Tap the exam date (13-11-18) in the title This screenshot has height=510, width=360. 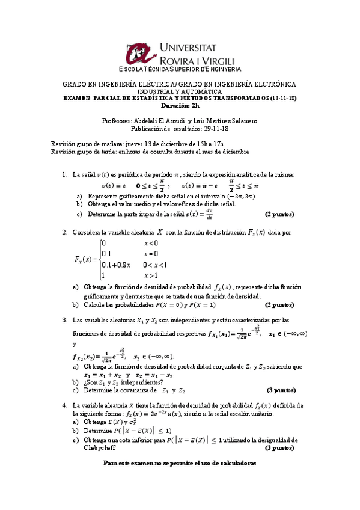tap(284, 98)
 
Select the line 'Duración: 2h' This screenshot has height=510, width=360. tap(180, 105)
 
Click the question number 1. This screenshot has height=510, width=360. tap(64, 175)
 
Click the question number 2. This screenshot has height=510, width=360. tap(64, 232)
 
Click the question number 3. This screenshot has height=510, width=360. tap(64, 320)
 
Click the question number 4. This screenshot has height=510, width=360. tap(64, 405)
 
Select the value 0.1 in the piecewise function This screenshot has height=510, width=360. tap(107, 254)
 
